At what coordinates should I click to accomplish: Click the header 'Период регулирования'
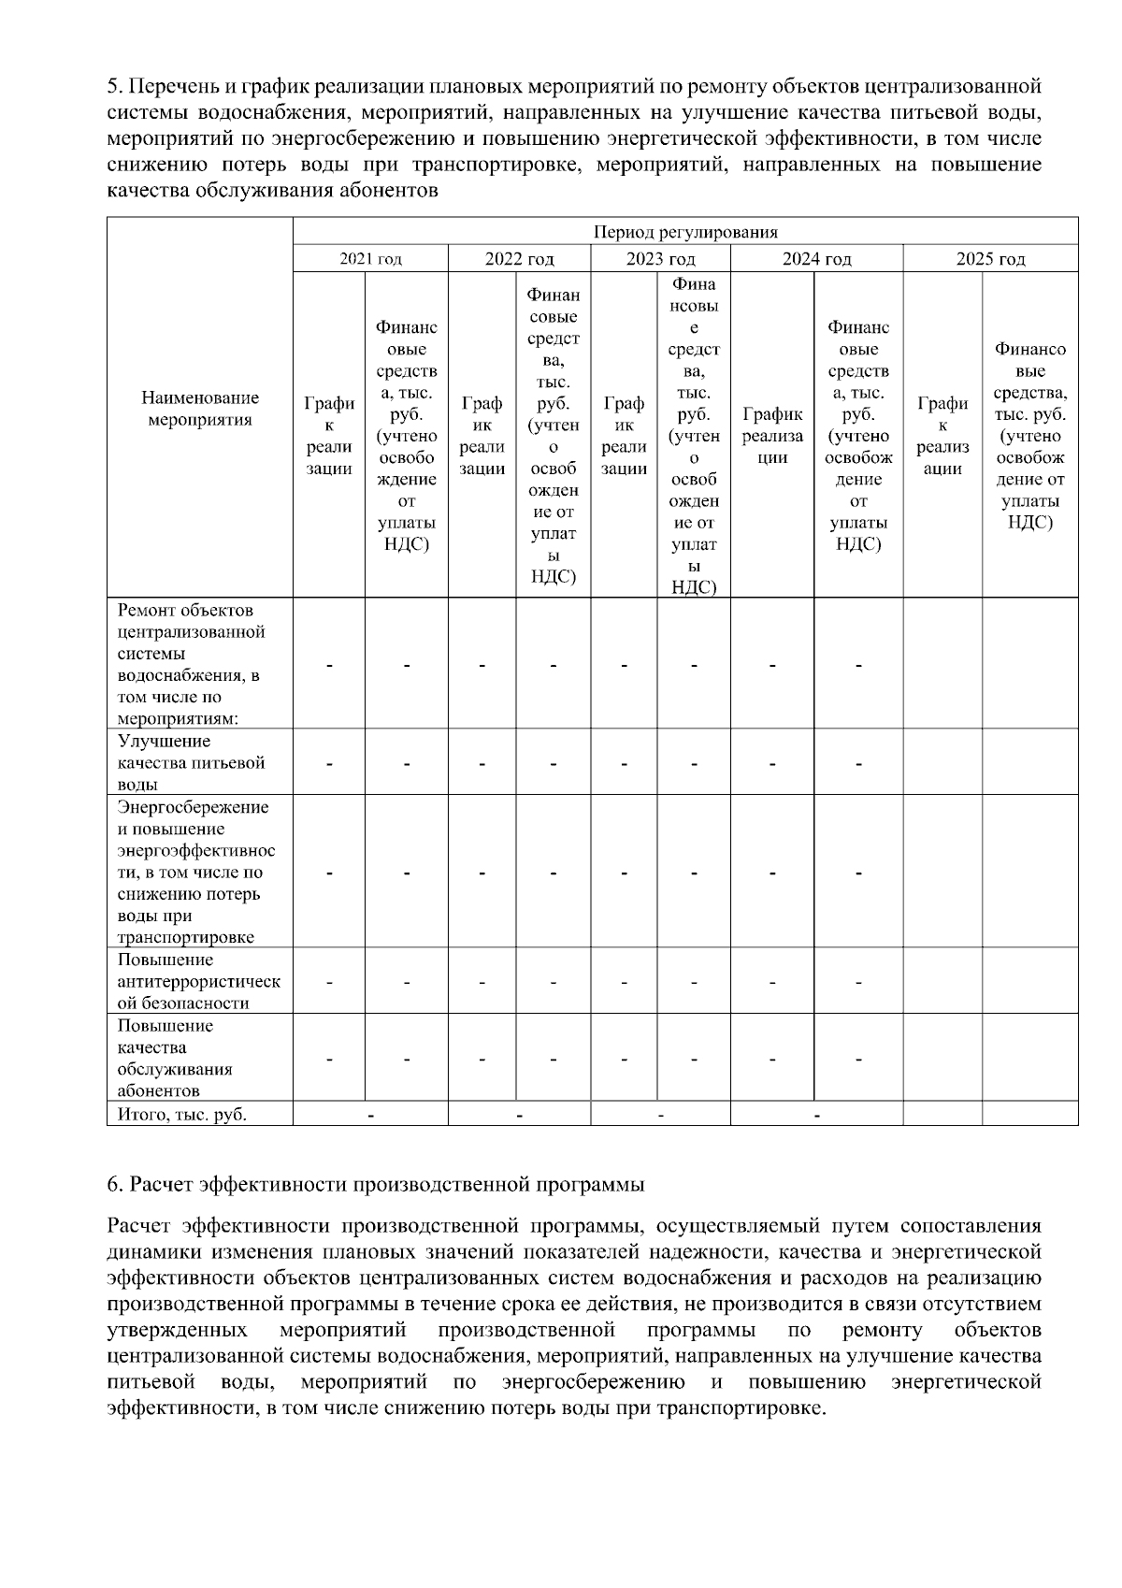pos(685,232)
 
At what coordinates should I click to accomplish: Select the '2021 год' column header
pos(370,259)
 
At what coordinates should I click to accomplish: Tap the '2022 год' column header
pos(519,259)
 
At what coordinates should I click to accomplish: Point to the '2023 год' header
pos(660,259)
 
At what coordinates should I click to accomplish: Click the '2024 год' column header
pos(816,259)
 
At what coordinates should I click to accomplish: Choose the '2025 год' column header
pos(990,259)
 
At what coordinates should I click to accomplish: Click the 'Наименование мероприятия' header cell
pos(200,409)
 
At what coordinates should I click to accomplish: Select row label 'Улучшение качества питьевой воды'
pos(191,763)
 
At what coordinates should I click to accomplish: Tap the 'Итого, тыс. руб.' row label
pos(182,1114)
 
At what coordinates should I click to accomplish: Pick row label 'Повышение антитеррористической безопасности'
pos(198,981)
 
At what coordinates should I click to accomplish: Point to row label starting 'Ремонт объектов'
pos(191,664)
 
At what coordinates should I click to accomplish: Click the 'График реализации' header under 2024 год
pos(771,435)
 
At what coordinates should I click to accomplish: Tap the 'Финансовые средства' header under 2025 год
pos(1029,435)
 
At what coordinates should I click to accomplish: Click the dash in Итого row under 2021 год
pos(370,1115)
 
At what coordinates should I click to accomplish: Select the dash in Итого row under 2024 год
pos(816,1115)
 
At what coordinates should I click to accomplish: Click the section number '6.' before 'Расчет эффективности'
pos(115,1185)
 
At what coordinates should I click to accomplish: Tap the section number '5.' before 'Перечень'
pos(115,88)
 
